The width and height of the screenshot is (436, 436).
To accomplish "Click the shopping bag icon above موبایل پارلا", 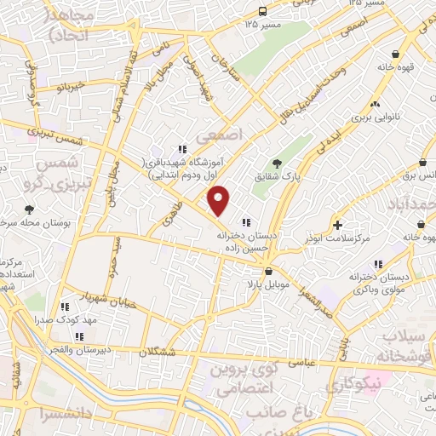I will (269, 271).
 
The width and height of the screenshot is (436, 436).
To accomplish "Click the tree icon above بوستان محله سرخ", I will (30, 209).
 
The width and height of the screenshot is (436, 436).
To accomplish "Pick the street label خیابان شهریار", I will (84, 296).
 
